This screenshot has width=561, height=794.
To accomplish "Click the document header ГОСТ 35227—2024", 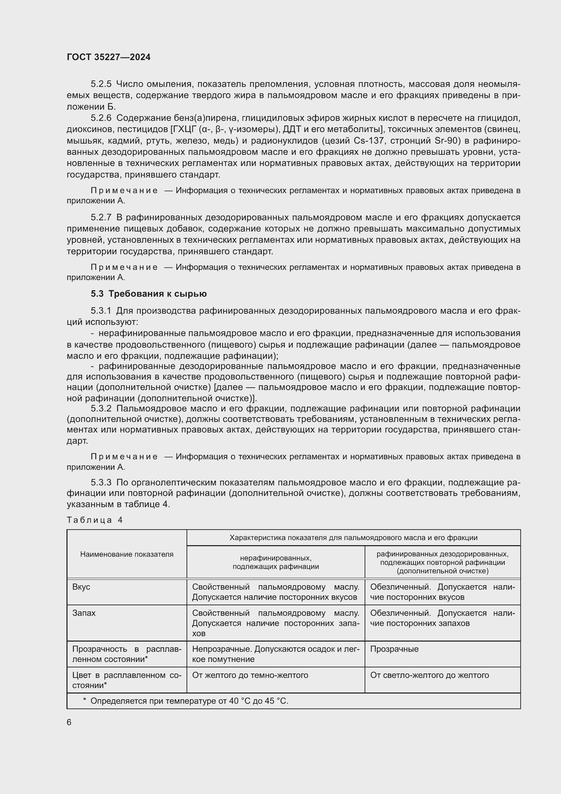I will pyautogui.click(x=109, y=57).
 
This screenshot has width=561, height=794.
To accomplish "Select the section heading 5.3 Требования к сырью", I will pyautogui.click(x=149, y=294).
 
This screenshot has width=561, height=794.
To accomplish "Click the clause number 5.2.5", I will pyautogui.click(x=101, y=84).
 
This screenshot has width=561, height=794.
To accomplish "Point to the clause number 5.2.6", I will pyautogui.click(x=101, y=118).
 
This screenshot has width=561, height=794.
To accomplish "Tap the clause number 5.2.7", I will pyautogui.click(x=101, y=217).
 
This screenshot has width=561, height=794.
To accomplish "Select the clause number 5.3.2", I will pyautogui.click(x=101, y=408).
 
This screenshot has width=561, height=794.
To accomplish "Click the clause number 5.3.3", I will pyautogui.click(x=101, y=482).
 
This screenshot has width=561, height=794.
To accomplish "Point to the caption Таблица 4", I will pyautogui.click(x=95, y=520).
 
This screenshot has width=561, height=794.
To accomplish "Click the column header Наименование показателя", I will pyautogui.click(x=127, y=554).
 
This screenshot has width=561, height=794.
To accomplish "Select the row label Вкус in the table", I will pyautogui.click(x=81, y=587).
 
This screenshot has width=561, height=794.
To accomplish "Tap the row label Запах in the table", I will pyautogui.click(x=84, y=613).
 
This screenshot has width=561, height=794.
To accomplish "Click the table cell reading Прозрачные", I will pyautogui.click(x=394, y=649).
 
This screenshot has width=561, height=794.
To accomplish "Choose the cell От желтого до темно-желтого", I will pyautogui.click(x=250, y=675).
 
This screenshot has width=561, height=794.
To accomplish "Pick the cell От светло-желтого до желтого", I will pyautogui.click(x=429, y=675).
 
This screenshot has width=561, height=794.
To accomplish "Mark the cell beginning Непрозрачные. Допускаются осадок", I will pyautogui.click(x=275, y=654).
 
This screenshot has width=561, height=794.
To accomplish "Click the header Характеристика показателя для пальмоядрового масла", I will pyautogui.click(x=353, y=538).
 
